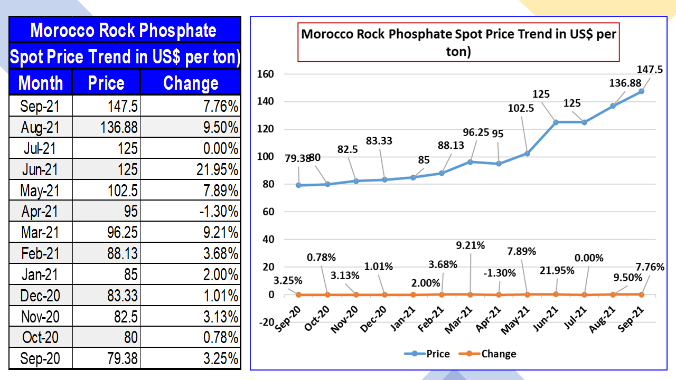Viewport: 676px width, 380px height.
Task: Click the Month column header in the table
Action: click(41, 83)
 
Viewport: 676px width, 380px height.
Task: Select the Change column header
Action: click(191, 83)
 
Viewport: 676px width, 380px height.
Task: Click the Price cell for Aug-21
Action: click(106, 127)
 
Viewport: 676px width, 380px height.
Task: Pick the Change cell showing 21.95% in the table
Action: click(191, 169)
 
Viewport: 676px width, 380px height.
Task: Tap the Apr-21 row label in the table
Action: click(41, 212)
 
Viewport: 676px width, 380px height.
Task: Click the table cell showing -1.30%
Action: click(191, 212)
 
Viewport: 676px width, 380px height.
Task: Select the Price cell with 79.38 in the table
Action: click(106, 359)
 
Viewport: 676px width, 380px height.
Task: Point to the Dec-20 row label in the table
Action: click(41, 296)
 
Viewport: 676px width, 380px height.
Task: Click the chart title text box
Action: click(458, 43)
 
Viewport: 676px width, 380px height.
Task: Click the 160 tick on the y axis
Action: click(266, 74)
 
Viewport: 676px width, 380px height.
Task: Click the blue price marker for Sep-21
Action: click(641, 91)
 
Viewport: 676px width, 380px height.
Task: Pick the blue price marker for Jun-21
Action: click(556, 122)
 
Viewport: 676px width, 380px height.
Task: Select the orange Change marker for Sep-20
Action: click(299, 294)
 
